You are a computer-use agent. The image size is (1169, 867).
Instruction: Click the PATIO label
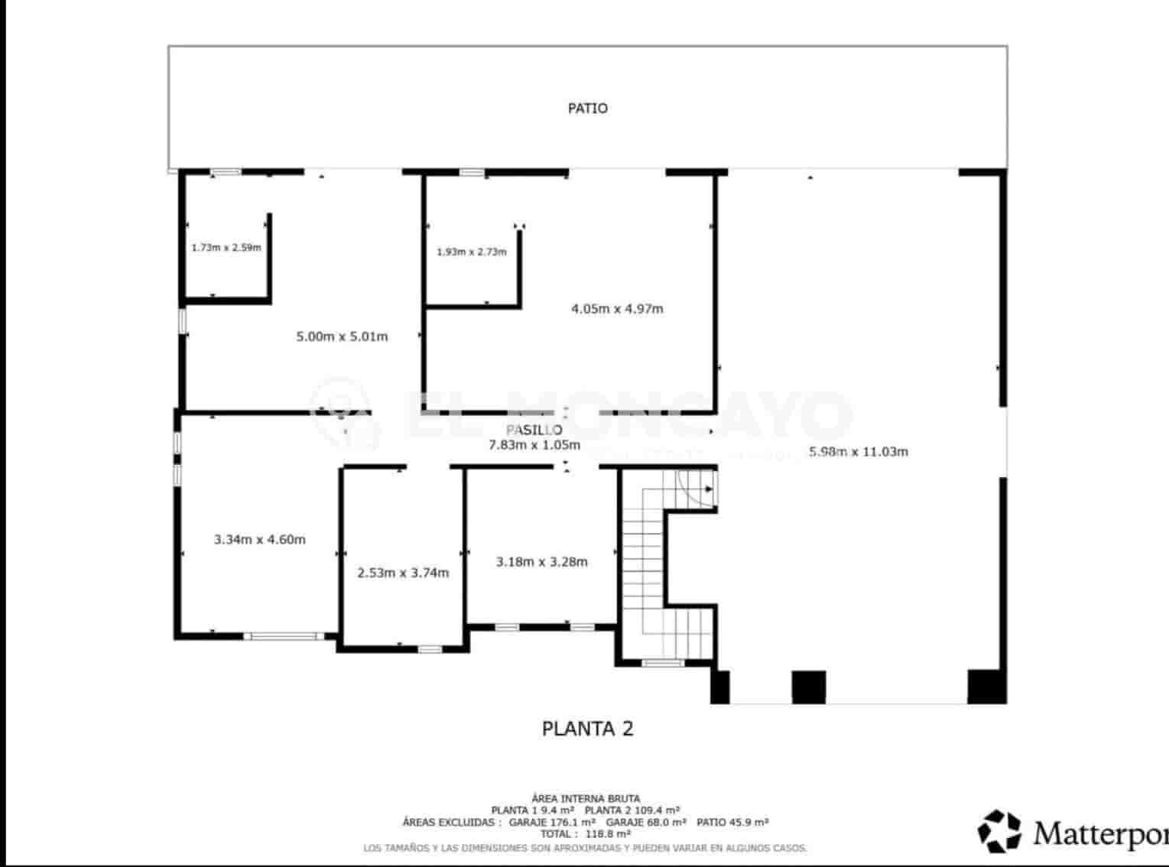pos(587,109)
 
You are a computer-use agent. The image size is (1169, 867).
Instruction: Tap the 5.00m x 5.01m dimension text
pos(342,336)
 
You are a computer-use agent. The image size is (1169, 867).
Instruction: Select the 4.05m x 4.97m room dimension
pos(617,309)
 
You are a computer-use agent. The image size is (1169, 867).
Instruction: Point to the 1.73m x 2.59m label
pos(226,248)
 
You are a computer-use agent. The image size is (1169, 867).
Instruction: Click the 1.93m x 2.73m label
pos(471,252)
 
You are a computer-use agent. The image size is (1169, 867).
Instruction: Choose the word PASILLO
pos(534,430)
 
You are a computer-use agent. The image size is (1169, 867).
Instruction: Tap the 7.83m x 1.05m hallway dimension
pos(534,445)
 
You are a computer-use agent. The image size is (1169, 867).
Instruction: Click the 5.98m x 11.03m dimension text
pos(858,452)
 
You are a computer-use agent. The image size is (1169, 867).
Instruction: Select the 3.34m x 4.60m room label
pos(259,540)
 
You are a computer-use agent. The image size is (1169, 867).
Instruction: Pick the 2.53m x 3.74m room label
pos(403,573)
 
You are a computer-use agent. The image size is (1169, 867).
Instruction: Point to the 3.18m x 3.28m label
pos(541,562)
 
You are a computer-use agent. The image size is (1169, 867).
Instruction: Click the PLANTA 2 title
pos(587,729)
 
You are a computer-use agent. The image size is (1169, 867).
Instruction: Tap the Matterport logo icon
pos(1000,831)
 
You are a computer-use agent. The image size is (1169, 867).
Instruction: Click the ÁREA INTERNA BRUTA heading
pos(586,798)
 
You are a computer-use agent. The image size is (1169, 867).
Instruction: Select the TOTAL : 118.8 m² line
pos(586,834)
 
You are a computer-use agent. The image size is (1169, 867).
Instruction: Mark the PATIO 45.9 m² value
pos(732,822)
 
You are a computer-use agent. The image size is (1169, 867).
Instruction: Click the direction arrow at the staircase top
pos(709,489)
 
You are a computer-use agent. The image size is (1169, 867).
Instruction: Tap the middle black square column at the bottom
pos(808,687)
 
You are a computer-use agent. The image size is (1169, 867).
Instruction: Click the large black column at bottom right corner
pos(986,686)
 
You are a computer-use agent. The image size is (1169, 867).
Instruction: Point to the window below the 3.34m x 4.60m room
pos(284,635)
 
